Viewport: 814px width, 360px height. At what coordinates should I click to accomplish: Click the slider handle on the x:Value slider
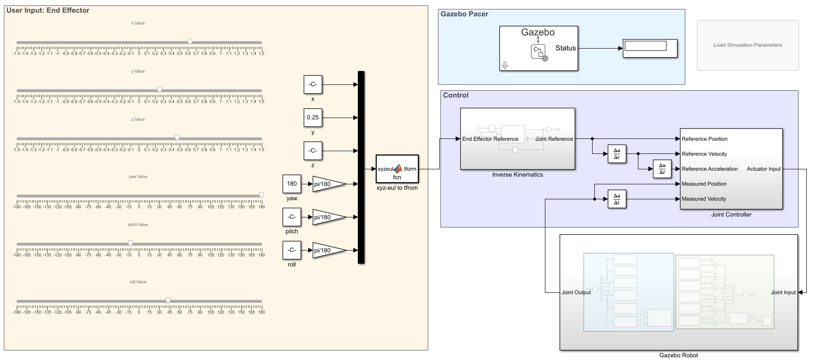(190, 42)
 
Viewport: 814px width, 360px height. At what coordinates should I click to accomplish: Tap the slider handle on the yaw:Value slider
(261, 195)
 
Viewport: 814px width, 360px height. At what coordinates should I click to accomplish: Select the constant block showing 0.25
(313, 118)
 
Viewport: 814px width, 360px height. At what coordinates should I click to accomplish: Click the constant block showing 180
(292, 184)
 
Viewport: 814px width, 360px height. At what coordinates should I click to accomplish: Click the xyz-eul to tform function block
(397, 169)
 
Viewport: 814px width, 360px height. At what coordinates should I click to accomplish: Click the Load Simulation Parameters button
(747, 45)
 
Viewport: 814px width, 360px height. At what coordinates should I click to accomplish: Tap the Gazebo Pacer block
(539, 48)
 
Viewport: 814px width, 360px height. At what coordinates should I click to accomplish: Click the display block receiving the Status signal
(650, 48)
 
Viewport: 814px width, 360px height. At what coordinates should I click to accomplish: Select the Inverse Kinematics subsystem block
(517, 139)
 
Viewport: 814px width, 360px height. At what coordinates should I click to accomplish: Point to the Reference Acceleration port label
(710, 169)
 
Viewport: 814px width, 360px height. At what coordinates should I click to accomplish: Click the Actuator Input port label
(764, 169)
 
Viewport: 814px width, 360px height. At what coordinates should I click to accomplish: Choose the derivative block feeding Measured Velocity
(617, 199)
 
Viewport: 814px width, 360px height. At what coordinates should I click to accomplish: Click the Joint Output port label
(576, 292)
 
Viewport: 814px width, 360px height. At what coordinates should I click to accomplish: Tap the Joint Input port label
(783, 292)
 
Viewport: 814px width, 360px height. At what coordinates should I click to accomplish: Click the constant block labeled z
(313, 151)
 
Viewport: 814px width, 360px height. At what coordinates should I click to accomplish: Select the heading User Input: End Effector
(48, 10)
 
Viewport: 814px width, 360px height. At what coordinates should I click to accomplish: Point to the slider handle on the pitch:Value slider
(130, 243)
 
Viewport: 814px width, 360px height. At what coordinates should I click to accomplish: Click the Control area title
(456, 95)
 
